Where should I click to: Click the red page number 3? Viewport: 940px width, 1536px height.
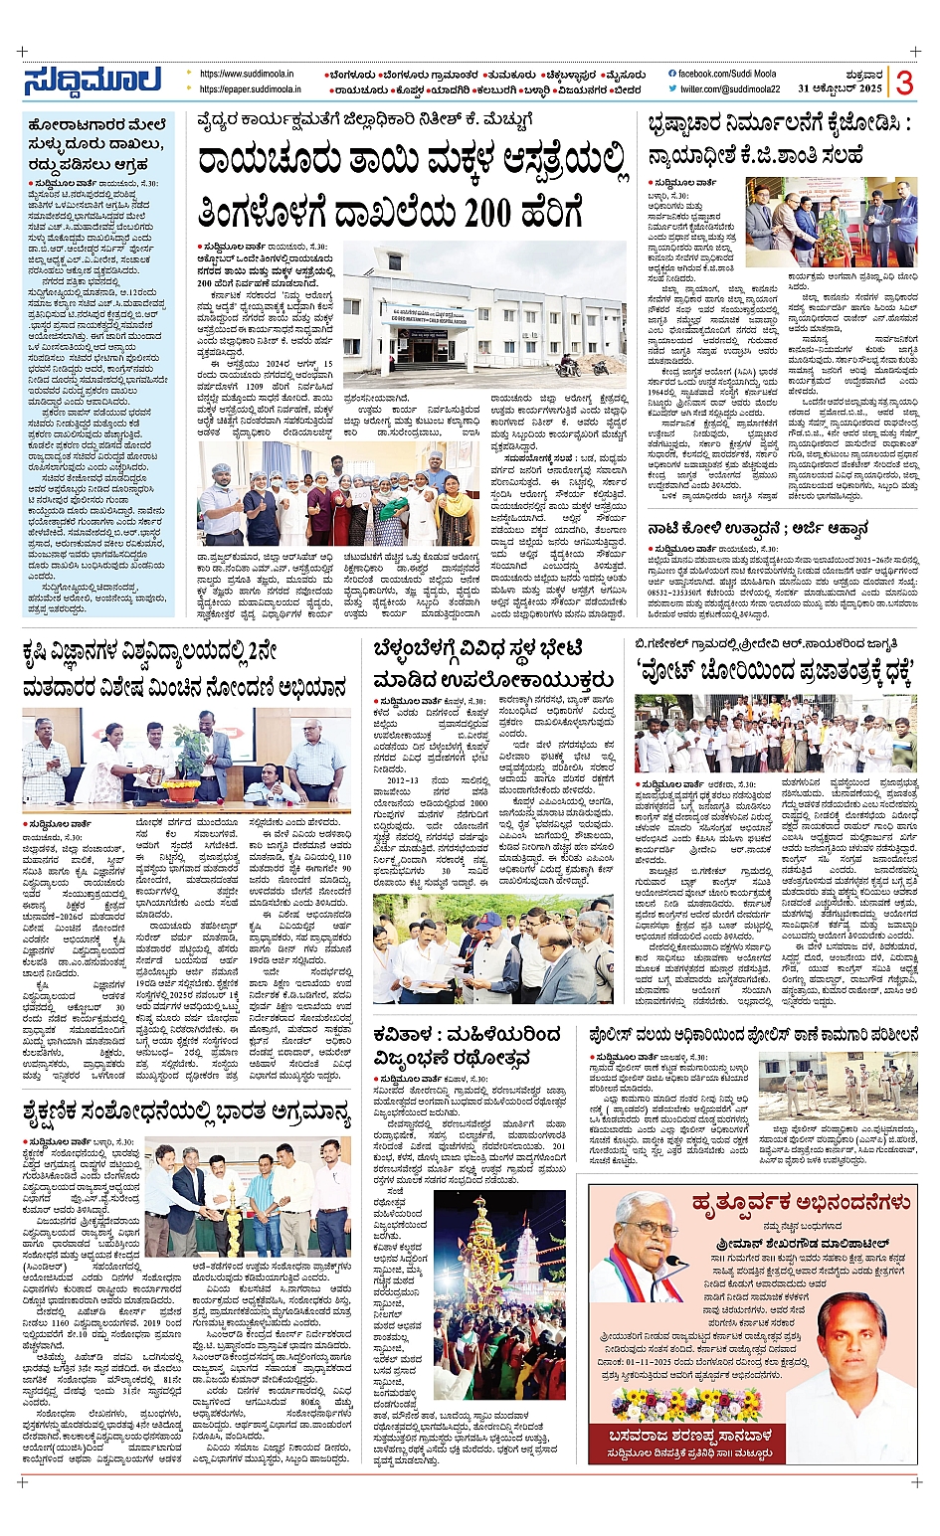pyautogui.click(x=903, y=83)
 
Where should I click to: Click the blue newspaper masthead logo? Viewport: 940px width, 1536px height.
pyautogui.click(x=93, y=82)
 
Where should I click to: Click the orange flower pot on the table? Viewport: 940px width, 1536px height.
pyautogui.click(x=180, y=790)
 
